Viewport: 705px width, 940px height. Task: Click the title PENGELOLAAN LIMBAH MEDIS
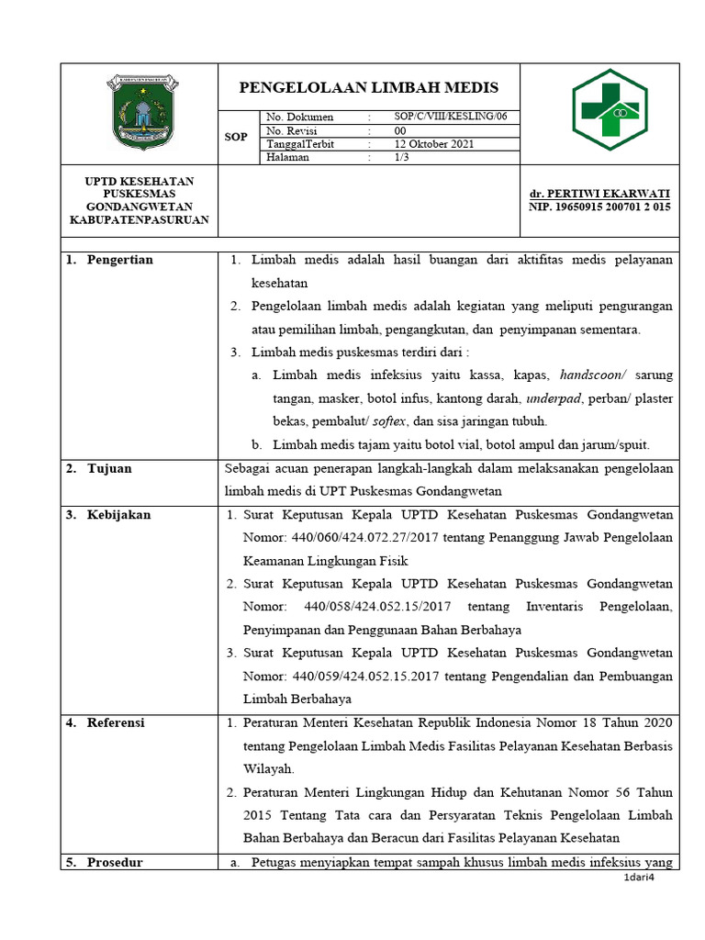tap(368, 88)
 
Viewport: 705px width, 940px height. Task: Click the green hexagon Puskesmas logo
tap(610, 109)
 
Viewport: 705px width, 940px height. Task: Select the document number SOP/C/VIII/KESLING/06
tap(443, 117)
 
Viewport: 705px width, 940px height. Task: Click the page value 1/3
tap(401, 157)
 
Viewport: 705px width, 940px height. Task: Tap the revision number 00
tap(400, 131)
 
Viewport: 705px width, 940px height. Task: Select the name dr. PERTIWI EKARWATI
tap(599, 194)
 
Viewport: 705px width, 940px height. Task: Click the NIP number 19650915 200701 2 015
tap(599, 207)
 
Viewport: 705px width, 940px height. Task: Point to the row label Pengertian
tap(119, 260)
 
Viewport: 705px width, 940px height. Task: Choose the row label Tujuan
tap(109, 469)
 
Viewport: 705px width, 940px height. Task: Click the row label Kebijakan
tap(118, 515)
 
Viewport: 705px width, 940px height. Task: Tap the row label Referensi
tap(116, 723)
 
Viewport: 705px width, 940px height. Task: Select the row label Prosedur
tap(115, 862)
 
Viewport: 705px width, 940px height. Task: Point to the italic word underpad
tap(554, 398)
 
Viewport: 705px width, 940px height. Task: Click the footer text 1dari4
tap(639, 878)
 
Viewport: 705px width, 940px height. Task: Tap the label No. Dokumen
tap(300, 117)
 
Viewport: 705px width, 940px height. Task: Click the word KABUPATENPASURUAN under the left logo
tap(140, 220)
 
